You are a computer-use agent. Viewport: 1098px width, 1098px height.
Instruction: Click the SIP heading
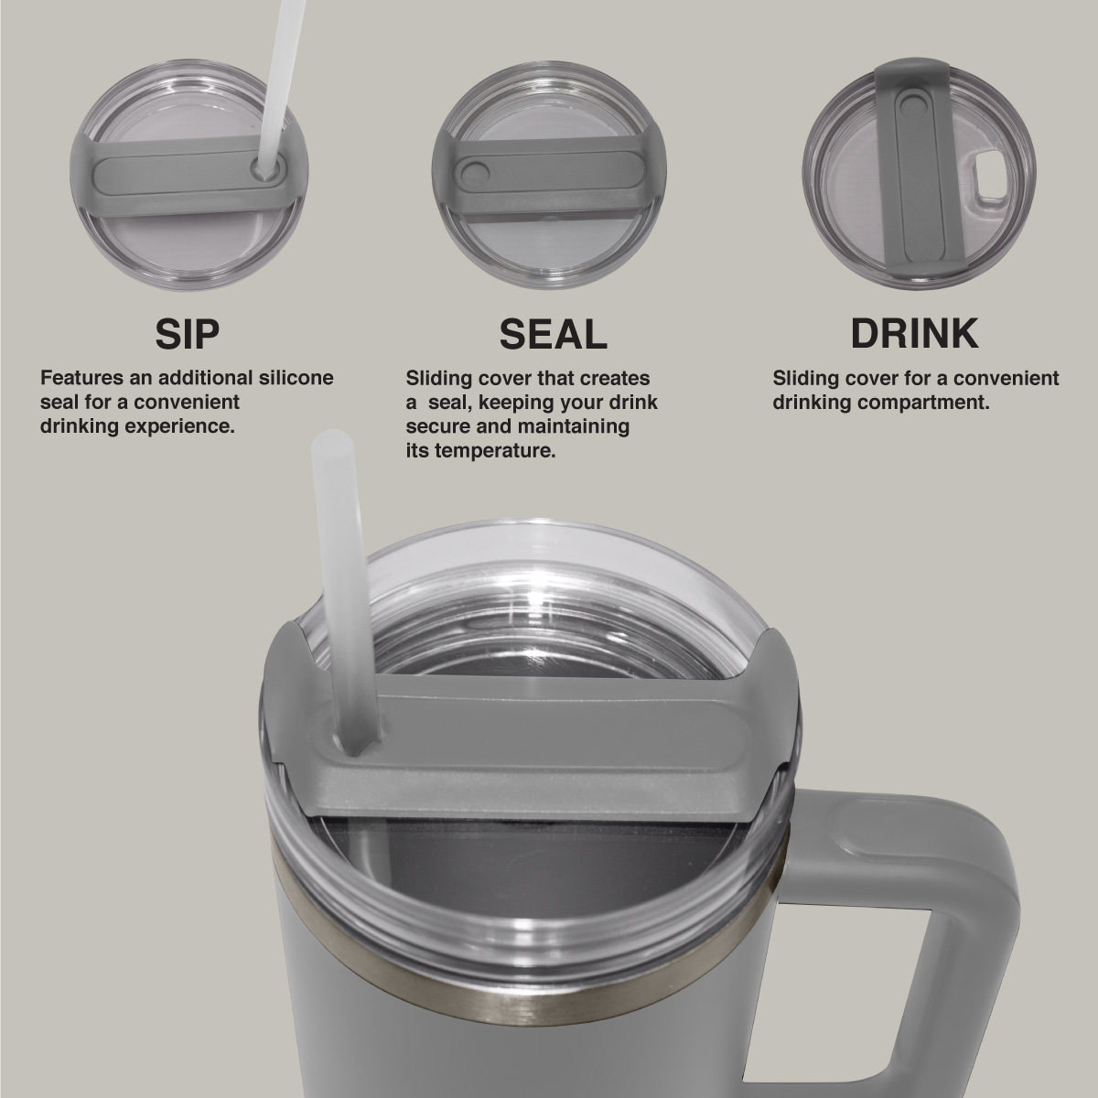pyautogui.click(x=188, y=334)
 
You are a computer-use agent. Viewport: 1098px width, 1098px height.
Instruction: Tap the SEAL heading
pyautogui.click(x=554, y=334)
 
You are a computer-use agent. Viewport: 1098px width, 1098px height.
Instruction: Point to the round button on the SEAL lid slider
pyautogui.click(x=474, y=175)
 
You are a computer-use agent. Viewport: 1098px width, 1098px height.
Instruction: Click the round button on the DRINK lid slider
pyautogui.click(x=916, y=108)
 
